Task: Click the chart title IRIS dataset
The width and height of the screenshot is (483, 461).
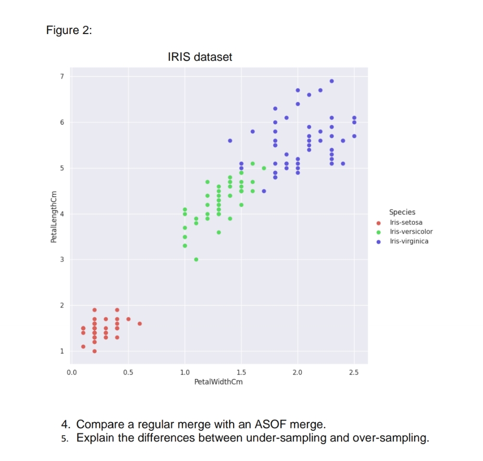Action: coord(199,57)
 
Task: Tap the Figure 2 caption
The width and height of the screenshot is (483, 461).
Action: coord(69,30)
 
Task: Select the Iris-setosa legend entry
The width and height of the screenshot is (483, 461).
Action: coord(406,223)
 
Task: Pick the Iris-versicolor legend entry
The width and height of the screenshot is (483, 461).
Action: coord(411,232)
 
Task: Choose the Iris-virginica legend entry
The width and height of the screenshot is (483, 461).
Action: coord(409,241)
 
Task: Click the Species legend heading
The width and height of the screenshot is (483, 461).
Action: coord(402,212)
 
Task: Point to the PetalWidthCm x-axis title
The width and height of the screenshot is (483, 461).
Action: coord(218,382)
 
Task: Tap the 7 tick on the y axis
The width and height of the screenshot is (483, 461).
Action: coord(61,76)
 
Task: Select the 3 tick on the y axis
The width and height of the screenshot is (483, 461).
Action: coord(61,260)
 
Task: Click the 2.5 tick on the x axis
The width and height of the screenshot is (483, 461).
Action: coord(354,372)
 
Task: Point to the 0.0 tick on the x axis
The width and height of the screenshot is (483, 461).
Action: coord(71,372)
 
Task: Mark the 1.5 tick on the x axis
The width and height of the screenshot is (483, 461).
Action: coord(241,372)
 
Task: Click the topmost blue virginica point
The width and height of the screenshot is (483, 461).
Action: coord(332,81)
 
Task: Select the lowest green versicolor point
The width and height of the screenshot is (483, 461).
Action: coord(196,260)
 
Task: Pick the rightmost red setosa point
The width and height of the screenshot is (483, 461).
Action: coord(139,324)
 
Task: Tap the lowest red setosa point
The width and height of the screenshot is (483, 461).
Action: coord(95,351)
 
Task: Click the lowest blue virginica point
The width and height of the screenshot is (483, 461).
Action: coord(264,191)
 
